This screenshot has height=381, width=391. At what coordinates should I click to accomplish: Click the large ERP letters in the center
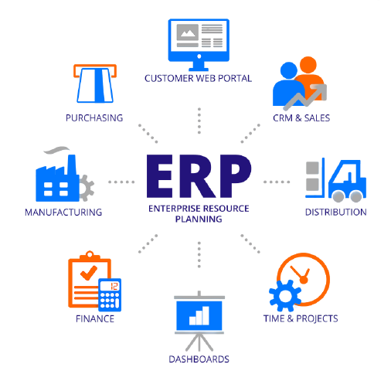(x=199, y=176)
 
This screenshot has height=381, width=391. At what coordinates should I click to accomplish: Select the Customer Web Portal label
(x=198, y=78)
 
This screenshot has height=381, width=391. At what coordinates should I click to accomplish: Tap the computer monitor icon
(x=199, y=45)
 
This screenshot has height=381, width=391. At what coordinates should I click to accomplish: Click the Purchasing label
(x=94, y=118)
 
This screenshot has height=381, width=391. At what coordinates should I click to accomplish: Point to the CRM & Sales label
(x=301, y=118)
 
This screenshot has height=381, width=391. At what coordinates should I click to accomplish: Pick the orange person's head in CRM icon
(x=308, y=65)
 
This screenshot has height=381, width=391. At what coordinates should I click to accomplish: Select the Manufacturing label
(x=63, y=213)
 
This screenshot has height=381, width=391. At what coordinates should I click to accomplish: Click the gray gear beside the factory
(x=87, y=188)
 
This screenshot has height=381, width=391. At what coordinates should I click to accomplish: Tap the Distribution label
(x=336, y=212)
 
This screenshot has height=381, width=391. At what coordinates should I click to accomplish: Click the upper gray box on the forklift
(x=312, y=168)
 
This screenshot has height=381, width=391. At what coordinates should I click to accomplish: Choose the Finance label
(x=95, y=319)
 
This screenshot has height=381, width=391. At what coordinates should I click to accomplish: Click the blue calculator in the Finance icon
(x=110, y=295)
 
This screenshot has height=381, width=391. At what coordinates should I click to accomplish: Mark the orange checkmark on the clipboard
(x=89, y=273)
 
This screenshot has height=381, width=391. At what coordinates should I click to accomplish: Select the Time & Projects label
(x=301, y=318)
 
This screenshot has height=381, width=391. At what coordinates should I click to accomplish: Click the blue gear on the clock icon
(x=285, y=296)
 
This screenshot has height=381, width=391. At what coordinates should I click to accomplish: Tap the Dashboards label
(x=199, y=359)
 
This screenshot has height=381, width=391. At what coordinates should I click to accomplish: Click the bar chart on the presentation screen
(x=199, y=315)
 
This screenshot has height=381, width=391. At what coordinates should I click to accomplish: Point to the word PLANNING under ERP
(x=199, y=219)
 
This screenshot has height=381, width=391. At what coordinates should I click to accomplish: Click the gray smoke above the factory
(x=56, y=150)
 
